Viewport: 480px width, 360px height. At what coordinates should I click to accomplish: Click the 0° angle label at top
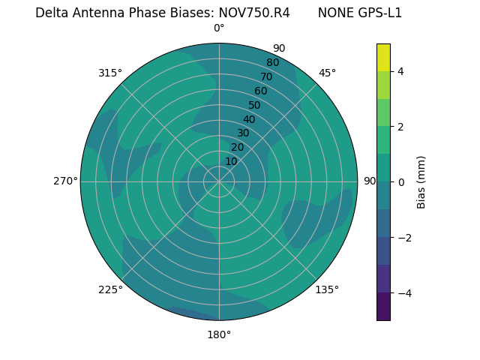coord(219,28)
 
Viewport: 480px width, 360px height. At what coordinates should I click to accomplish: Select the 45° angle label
coord(327,73)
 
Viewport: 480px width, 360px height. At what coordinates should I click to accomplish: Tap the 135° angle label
coord(327,289)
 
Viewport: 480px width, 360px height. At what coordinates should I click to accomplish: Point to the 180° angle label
coord(219,334)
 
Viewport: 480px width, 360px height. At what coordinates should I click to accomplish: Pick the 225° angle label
coord(110,290)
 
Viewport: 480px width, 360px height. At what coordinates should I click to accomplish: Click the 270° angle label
coord(65,181)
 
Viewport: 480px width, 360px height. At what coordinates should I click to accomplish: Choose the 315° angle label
coord(110,73)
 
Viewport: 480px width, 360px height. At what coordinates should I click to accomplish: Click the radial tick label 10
coord(231,161)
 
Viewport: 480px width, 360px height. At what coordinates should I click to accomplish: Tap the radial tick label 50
coord(255,105)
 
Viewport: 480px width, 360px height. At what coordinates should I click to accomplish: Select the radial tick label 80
coord(273,62)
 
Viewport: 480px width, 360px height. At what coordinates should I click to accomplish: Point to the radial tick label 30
coord(243,133)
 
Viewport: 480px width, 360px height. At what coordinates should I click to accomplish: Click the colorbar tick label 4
coord(400,71)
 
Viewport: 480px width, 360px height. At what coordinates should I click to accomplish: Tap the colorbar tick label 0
coord(400,182)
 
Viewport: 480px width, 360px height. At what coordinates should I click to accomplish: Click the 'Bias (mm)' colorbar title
coord(421,182)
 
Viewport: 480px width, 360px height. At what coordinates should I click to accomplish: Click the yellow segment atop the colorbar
coord(383,57)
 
